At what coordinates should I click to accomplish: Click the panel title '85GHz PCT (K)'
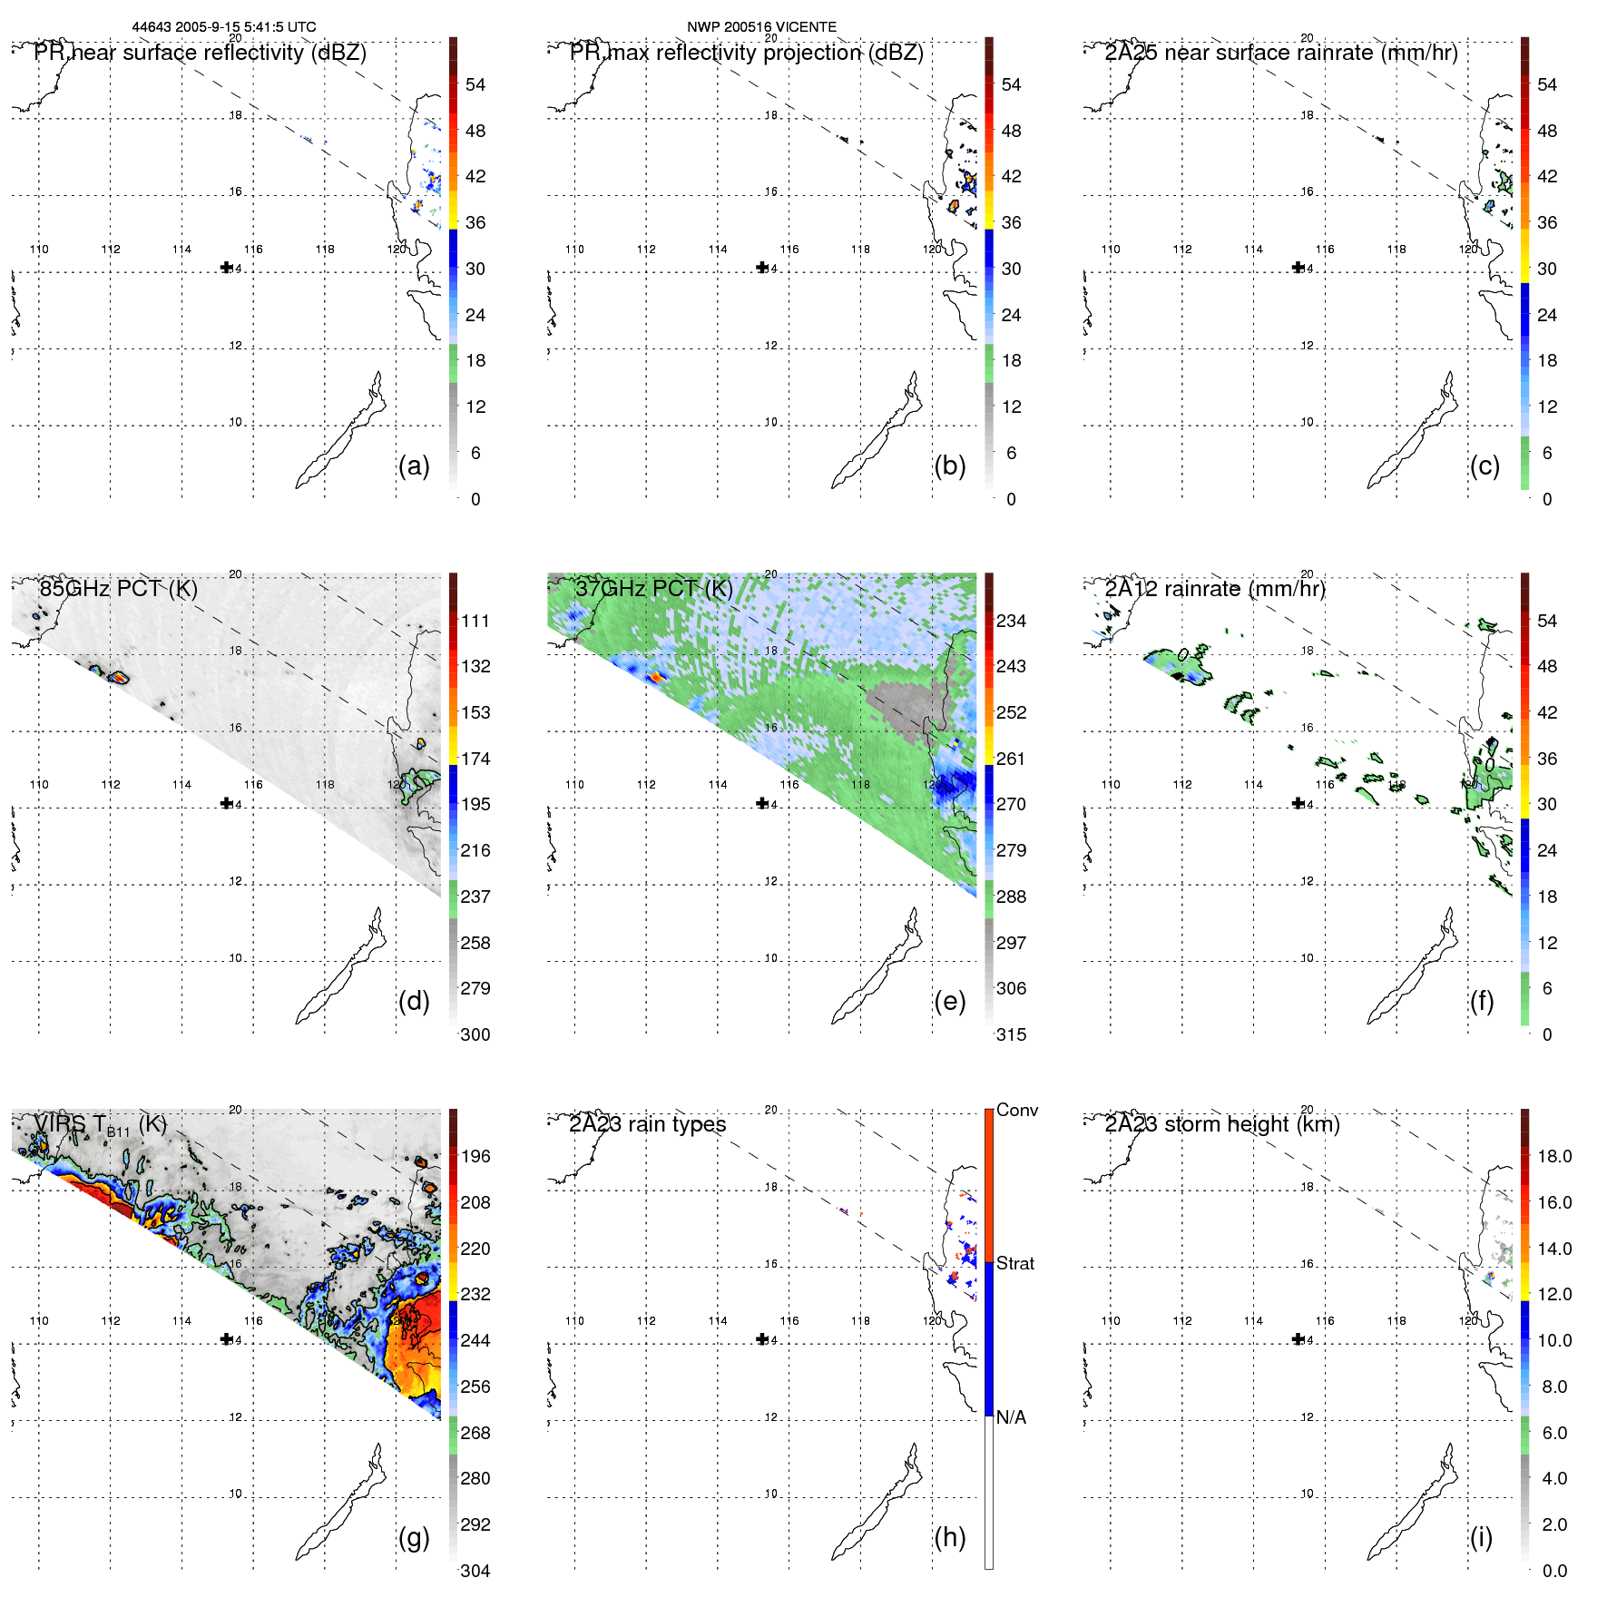click(118, 589)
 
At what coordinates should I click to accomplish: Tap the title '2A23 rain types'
click(647, 1124)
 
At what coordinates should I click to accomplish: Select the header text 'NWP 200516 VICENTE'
click(761, 27)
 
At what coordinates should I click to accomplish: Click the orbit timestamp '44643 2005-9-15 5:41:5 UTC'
click(224, 27)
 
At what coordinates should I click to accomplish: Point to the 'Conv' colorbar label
click(1016, 1110)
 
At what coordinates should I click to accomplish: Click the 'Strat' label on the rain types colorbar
click(1014, 1263)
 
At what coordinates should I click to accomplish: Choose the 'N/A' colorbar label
click(1011, 1417)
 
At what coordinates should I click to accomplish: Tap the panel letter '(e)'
click(949, 1001)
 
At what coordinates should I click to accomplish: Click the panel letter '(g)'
click(414, 1537)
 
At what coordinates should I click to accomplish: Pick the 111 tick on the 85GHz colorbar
click(475, 621)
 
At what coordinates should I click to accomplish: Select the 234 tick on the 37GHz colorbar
click(1011, 621)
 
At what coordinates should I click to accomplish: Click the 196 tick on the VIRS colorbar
click(475, 1156)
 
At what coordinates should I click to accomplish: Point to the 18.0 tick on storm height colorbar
click(1553, 1156)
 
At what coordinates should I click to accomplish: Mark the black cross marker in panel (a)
click(226, 267)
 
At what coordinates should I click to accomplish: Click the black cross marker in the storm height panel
click(1298, 1338)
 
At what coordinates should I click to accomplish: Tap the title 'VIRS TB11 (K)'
click(100, 1125)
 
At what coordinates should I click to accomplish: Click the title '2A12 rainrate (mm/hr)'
click(1214, 589)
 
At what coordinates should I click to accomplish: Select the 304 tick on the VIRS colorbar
click(475, 1571)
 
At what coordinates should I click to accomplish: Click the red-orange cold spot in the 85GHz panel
click(117, 677)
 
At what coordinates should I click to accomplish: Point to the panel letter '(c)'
click(1485, 465)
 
